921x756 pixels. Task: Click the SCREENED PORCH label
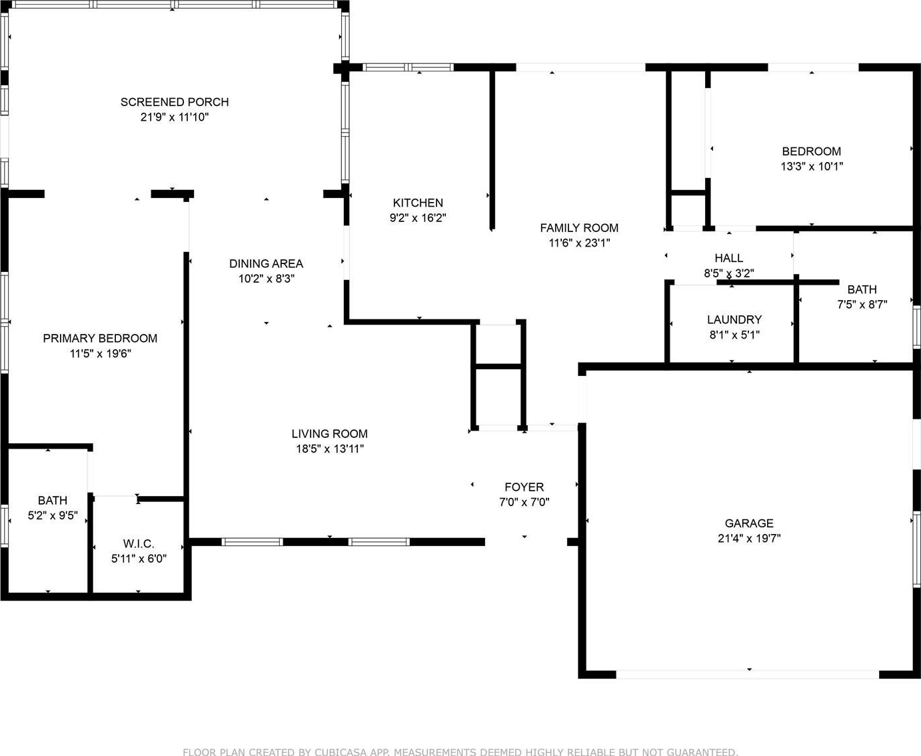(x=175, y=102)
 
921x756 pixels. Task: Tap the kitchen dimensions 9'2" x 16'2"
(x=418, y=217)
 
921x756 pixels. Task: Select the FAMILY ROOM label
(x=579, y=228)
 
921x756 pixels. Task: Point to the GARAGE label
(x=749, y=523)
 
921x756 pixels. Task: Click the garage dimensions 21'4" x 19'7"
(x=749, y=538)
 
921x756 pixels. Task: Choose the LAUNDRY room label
(x=734, y=319)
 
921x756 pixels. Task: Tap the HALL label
(x=729, y=258)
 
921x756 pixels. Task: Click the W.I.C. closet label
(x=139, y=543)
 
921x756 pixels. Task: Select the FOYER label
(x=524, y=487)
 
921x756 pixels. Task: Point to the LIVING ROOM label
(x=330, y=433)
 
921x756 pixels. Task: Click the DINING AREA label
(x=266, y=263)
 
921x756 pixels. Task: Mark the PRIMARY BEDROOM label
(x=100, y=338)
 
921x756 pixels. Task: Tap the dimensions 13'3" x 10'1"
(x=812, y=166)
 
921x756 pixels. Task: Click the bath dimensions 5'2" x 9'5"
(x=53, y=515)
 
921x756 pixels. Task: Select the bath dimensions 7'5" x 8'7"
(x=862, y=304)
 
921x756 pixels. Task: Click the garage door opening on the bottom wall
(x=747, y=674)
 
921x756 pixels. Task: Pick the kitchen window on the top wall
(x=408, y=67)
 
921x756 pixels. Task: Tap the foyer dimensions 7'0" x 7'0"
(x=524, y=502)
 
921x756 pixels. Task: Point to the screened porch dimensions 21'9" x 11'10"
(x=175, y=117)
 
